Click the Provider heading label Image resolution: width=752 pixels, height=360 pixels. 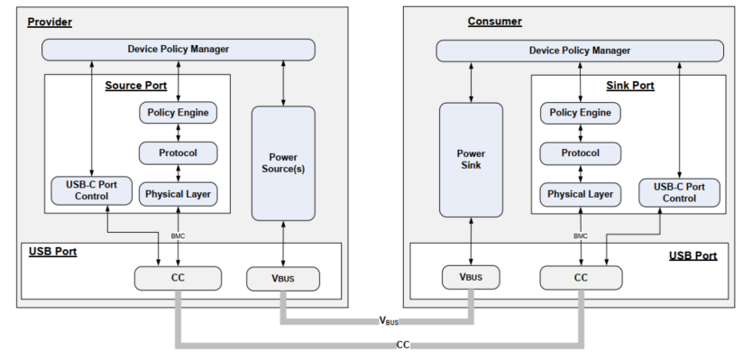(50, 21)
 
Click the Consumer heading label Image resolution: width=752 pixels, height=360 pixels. (494, 21)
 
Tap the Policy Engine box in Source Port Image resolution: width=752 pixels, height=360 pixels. (178, 113)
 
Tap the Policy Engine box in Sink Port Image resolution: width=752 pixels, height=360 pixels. (581, 113)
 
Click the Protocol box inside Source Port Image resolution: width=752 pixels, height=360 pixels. (178, 152)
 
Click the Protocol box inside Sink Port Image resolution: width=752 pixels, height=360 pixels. (581, 152)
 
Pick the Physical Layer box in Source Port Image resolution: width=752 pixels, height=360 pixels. (178, 192)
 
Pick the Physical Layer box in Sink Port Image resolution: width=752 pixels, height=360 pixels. (581, 192)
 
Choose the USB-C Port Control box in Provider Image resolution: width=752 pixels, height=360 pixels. (90, 190)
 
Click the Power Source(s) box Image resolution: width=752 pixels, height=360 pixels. (282, 163)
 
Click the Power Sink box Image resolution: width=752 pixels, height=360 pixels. (470, 159)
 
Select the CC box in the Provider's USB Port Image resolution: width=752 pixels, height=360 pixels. (178, 279)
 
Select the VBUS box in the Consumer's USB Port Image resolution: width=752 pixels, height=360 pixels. (470, 279)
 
